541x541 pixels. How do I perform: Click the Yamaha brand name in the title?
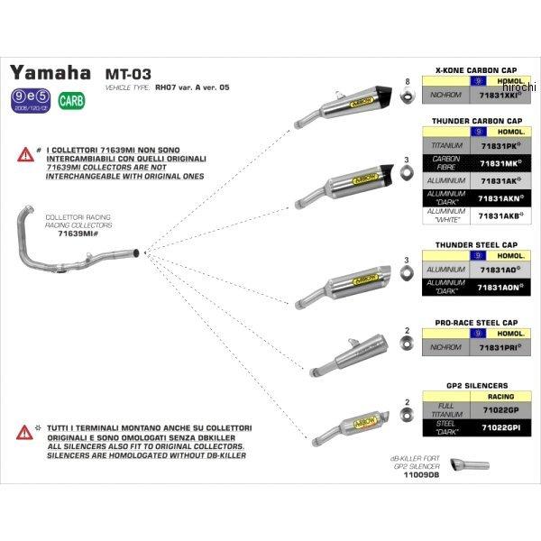[50, 72]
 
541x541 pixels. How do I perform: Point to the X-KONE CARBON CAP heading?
[475, 69]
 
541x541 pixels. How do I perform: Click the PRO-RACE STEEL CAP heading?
[476, 322]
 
